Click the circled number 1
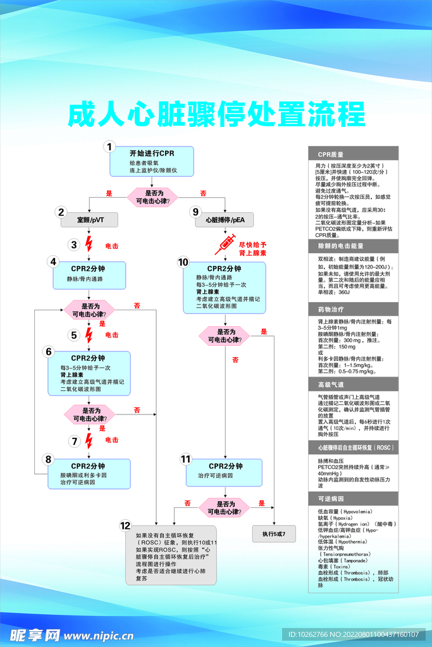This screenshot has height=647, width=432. pos(109,147)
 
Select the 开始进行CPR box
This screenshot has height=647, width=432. pos(152,162)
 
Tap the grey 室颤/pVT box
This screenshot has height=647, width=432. pos(90,220)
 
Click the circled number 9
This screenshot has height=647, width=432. pos(195,212)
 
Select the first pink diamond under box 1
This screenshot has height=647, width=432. pos(153,197)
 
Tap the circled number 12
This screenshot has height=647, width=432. pos(125,525)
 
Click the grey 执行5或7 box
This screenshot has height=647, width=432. pos(274,534)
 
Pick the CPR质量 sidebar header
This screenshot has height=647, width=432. pos(353,154)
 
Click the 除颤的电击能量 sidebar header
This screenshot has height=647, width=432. pos(353,245)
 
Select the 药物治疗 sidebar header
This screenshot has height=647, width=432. pos(353,310)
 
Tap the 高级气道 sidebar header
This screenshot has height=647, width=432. pos(353,384)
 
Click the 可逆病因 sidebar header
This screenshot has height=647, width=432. pos(353,499)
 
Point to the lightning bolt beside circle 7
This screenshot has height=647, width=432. pos(89,440)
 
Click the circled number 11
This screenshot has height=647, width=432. pos(185,459)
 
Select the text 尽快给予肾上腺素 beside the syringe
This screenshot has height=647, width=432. pos(253,248)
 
